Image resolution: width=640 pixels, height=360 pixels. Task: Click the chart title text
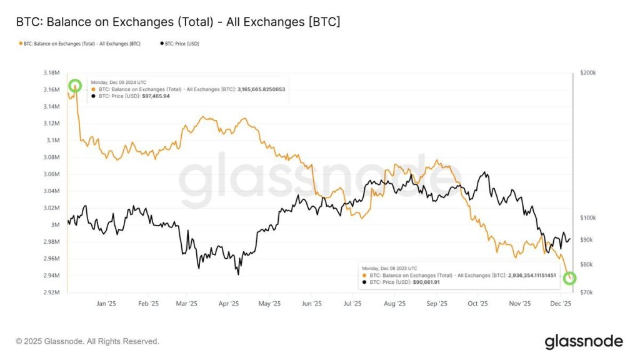(178, 22)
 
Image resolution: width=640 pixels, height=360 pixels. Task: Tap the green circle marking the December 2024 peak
(75, 86)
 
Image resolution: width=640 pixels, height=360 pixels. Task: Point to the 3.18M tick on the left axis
(51, 73)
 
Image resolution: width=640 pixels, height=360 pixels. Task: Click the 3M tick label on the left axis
(55, 224)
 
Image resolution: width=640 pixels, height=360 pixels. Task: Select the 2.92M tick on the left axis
(51, 292)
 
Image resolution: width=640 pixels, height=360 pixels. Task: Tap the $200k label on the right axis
(589, 73)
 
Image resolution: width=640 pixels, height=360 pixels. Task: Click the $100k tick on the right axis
(589, 217)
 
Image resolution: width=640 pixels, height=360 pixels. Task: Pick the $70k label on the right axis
(587, 292)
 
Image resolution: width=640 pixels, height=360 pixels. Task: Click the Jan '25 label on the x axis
(106, 304)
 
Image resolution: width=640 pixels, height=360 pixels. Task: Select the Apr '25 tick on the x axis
(229, 304)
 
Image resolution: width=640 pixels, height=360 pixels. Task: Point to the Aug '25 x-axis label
(394, 304)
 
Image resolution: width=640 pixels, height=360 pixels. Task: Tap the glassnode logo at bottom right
(584, 341)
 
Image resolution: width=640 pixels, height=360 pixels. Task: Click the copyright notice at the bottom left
(87, 341)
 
